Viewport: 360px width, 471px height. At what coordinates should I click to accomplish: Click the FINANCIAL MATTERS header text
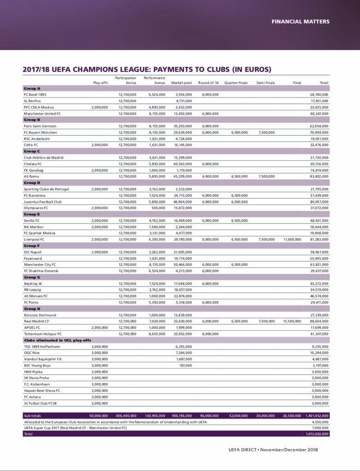point(300,21)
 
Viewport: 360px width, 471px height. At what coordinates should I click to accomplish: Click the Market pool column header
point(181,83)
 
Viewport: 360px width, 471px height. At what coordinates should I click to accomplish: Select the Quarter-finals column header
point(236,83)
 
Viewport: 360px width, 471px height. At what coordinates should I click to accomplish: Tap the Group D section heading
point(32,183)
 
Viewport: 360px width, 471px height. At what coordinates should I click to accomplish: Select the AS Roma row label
point(31,176)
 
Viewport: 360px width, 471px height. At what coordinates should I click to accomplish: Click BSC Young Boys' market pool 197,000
point(185,365)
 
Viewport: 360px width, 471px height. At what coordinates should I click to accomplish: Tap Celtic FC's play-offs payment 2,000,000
point(99,144)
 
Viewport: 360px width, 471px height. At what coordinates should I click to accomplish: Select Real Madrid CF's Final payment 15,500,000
point(292,321)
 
